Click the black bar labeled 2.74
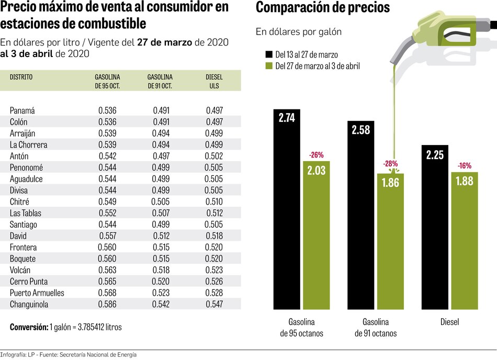287,209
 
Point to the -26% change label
317,154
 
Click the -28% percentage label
390,164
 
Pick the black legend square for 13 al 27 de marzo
269,54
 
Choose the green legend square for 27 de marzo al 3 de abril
269,66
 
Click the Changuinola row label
30,304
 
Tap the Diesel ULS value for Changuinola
214,304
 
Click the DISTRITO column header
21,77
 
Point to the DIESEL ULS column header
214,81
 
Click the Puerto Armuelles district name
37,292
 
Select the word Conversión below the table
28,327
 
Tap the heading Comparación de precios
322,8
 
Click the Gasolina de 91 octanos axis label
376,328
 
